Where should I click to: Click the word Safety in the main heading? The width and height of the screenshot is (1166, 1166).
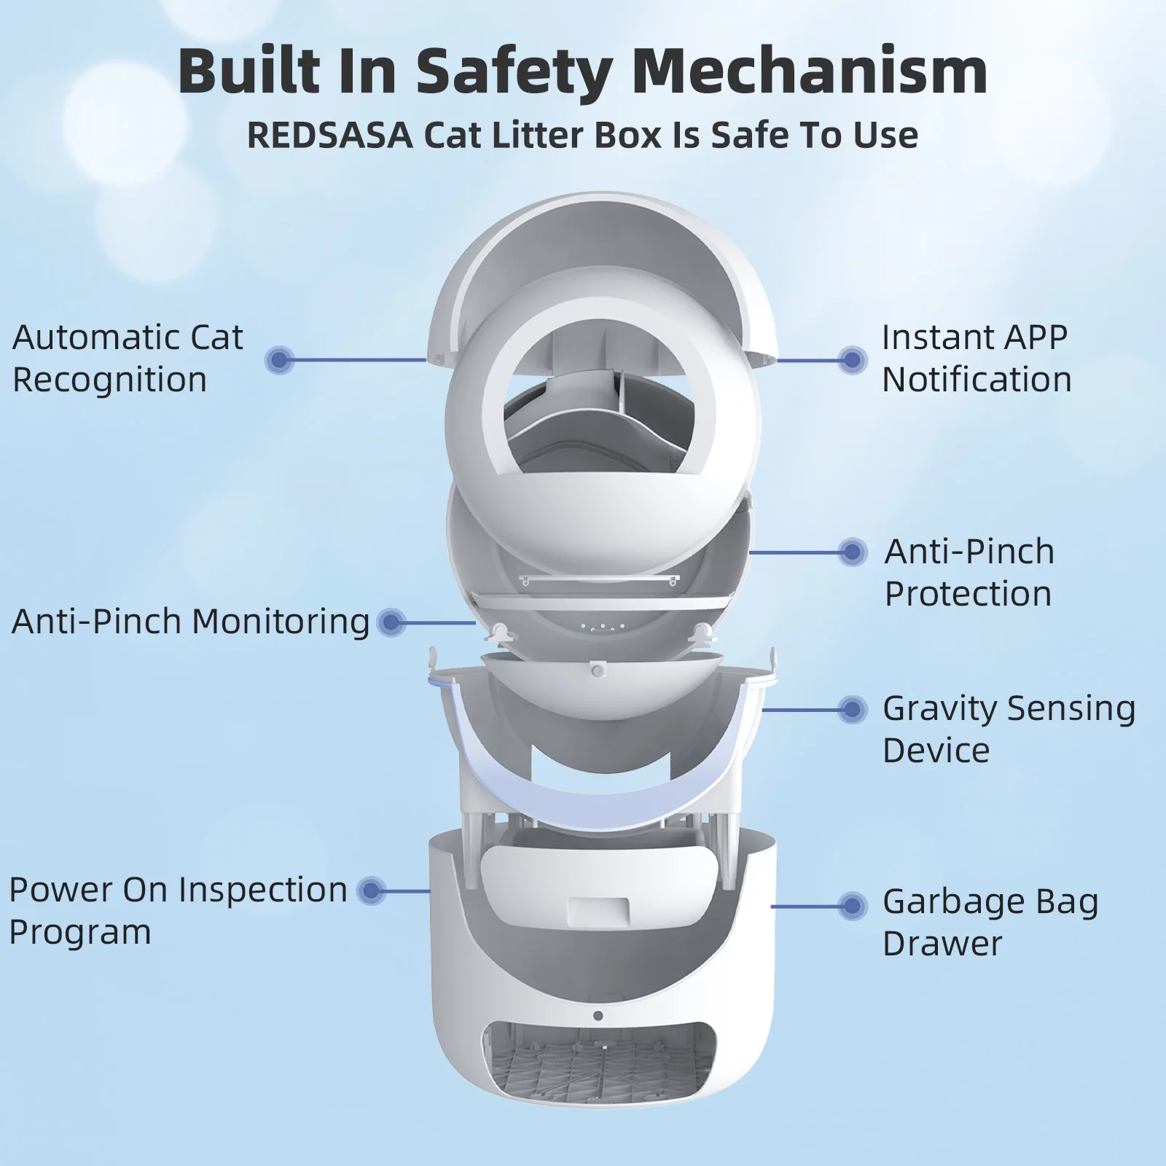[509, 71]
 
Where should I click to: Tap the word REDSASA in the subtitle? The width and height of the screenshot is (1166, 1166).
[329, 136]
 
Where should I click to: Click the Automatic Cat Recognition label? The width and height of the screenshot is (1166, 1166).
[128, 359]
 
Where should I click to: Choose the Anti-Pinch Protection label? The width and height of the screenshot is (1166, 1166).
[969, 573]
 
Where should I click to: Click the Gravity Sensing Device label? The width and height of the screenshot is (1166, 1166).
[1009, 729]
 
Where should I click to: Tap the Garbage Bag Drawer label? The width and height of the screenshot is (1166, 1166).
[990, 923]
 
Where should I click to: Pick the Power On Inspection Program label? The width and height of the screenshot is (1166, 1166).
[178, 911]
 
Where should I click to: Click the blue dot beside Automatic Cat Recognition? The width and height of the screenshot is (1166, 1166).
[279, 359]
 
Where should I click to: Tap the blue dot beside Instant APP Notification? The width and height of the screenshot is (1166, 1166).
[852, 359]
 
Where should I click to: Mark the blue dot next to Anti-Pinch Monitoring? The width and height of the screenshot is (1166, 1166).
[391, 622]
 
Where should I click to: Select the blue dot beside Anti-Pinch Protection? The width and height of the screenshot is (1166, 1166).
[852, 552]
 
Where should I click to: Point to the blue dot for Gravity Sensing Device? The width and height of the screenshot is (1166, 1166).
[852, 709]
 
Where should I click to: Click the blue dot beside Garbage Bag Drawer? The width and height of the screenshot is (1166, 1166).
[852, 906]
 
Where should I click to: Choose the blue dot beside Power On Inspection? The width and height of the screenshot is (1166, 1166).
[372, 891]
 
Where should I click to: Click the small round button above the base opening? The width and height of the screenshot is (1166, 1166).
[598, 1016]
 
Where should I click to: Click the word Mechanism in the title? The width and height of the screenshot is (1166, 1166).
[810, 71]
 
